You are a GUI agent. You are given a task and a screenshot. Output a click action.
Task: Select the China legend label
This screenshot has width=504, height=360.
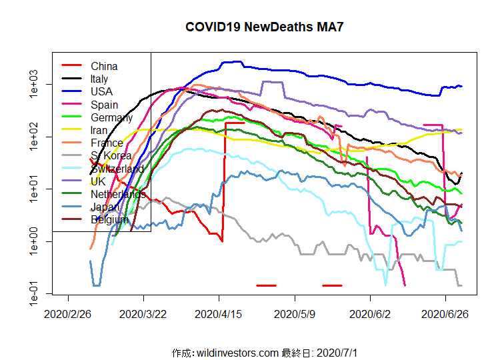pos(104,66)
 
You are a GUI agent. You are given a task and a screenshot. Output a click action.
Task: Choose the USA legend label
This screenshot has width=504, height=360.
pos(102,91)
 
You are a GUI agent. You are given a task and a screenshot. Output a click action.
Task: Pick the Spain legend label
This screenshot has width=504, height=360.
pos(105,105)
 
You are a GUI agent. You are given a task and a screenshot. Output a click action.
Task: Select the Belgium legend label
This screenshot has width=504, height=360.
pos(109,219)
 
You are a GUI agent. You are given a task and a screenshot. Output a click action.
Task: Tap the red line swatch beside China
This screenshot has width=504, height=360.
pos(71,65)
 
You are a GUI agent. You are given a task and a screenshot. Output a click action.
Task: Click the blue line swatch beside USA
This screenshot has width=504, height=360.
pos(71,91)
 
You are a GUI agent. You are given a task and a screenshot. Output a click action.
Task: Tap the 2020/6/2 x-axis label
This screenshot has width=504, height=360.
pos(370,314)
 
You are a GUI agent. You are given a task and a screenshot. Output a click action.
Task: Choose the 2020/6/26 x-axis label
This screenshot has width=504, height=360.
pos(445,314)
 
